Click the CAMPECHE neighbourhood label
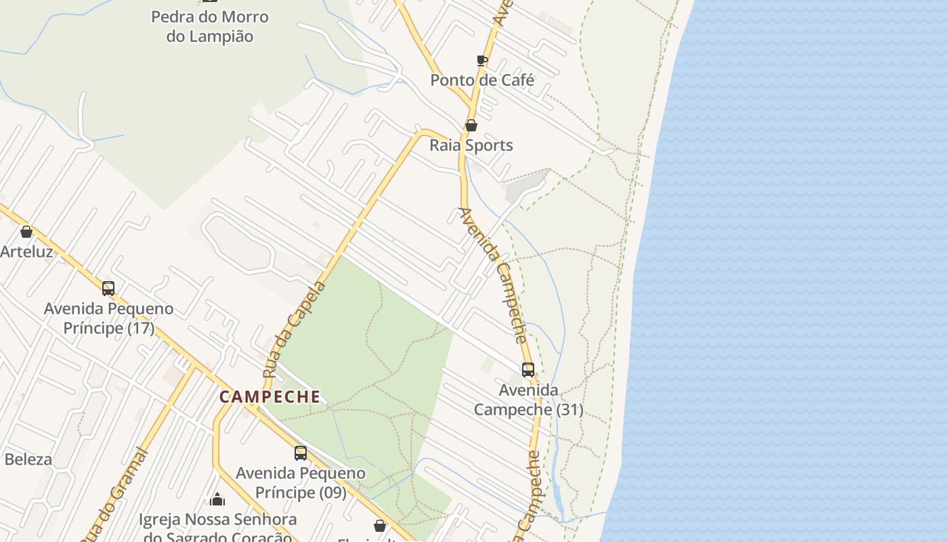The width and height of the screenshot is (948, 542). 270,396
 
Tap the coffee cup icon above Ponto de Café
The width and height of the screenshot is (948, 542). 482,60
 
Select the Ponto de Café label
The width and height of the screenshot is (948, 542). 482,80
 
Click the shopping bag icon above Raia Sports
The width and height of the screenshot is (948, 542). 471,125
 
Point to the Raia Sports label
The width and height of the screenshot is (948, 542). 471,145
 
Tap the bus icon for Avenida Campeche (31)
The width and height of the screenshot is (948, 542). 528,370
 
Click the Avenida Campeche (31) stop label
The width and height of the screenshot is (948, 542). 528,400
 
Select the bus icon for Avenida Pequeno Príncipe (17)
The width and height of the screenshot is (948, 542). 108,289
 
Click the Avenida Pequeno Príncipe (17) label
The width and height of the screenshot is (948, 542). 108,318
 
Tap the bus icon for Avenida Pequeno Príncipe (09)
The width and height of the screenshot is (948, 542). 300,453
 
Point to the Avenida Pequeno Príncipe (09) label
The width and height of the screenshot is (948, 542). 300,482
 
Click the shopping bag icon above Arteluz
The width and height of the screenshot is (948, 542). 26,232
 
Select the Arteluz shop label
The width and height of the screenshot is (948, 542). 26,252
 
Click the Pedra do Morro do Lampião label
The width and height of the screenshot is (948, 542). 210,26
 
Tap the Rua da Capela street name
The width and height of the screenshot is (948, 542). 295,330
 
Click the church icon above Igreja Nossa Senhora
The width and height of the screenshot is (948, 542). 217,500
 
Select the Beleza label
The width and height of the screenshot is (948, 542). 28,459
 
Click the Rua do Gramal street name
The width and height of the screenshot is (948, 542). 115,495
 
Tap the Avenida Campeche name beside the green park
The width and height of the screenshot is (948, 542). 494,274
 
